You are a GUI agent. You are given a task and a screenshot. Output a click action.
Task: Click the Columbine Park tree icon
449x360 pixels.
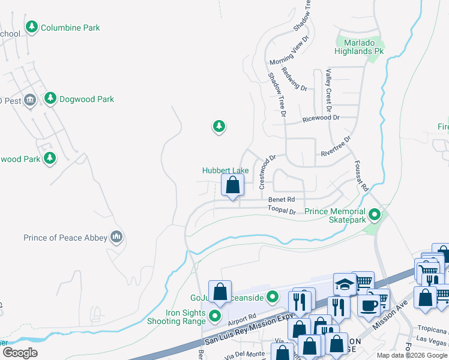pos(31,28)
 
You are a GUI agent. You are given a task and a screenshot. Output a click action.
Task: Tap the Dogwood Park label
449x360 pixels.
pos(86,99)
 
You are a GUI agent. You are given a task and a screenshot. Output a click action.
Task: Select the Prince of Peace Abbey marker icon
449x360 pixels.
pos(116,238)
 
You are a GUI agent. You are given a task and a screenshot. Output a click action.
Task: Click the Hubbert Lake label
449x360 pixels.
pos(225,170)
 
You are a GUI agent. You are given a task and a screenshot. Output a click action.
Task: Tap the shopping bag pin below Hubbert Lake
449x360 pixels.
pos(233,185)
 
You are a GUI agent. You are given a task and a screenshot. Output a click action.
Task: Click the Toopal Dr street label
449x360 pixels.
pos(282,211)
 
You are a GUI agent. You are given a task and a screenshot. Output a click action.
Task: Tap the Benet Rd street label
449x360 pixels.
pos(282,199)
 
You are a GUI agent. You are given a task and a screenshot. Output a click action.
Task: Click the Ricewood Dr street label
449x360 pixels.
pos(321,118)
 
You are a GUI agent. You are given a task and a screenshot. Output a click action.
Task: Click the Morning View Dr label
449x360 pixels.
pos(289,51)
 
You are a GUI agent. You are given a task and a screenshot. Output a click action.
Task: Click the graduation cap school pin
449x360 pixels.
pos(345,284)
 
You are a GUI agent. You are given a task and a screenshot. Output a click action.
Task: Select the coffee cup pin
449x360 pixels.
pos(369,304)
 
